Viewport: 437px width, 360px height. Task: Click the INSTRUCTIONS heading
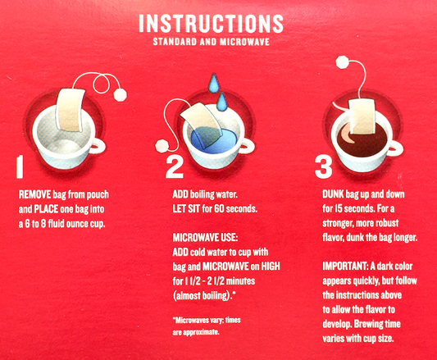(x=211, y=23)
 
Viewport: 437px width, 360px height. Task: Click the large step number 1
(x=20, y=166)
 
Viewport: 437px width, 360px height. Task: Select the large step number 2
(x=175, y=167)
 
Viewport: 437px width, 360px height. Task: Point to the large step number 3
(x=324, y=166)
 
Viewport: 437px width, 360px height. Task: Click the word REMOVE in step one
(x=34, y=194)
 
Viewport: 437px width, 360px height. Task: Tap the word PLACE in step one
(x=46, y=209)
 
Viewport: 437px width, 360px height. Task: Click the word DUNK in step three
(x=333, y=194)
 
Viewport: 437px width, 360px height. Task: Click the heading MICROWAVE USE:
(x=206, y=238)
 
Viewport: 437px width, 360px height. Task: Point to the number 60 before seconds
(x=219, y=208)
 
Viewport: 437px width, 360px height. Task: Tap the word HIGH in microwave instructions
(x=271, y=266)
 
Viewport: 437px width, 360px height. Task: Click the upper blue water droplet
(x=214, y=84)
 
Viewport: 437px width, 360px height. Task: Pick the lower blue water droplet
(x=222, y=103)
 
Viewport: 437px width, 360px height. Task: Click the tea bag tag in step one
(x=121, y=95)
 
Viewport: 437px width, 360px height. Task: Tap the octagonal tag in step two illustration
(x=162, y=147)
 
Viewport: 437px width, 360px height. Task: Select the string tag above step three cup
(x=342, y=62)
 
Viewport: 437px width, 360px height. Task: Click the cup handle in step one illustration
(x=98, y=146)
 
